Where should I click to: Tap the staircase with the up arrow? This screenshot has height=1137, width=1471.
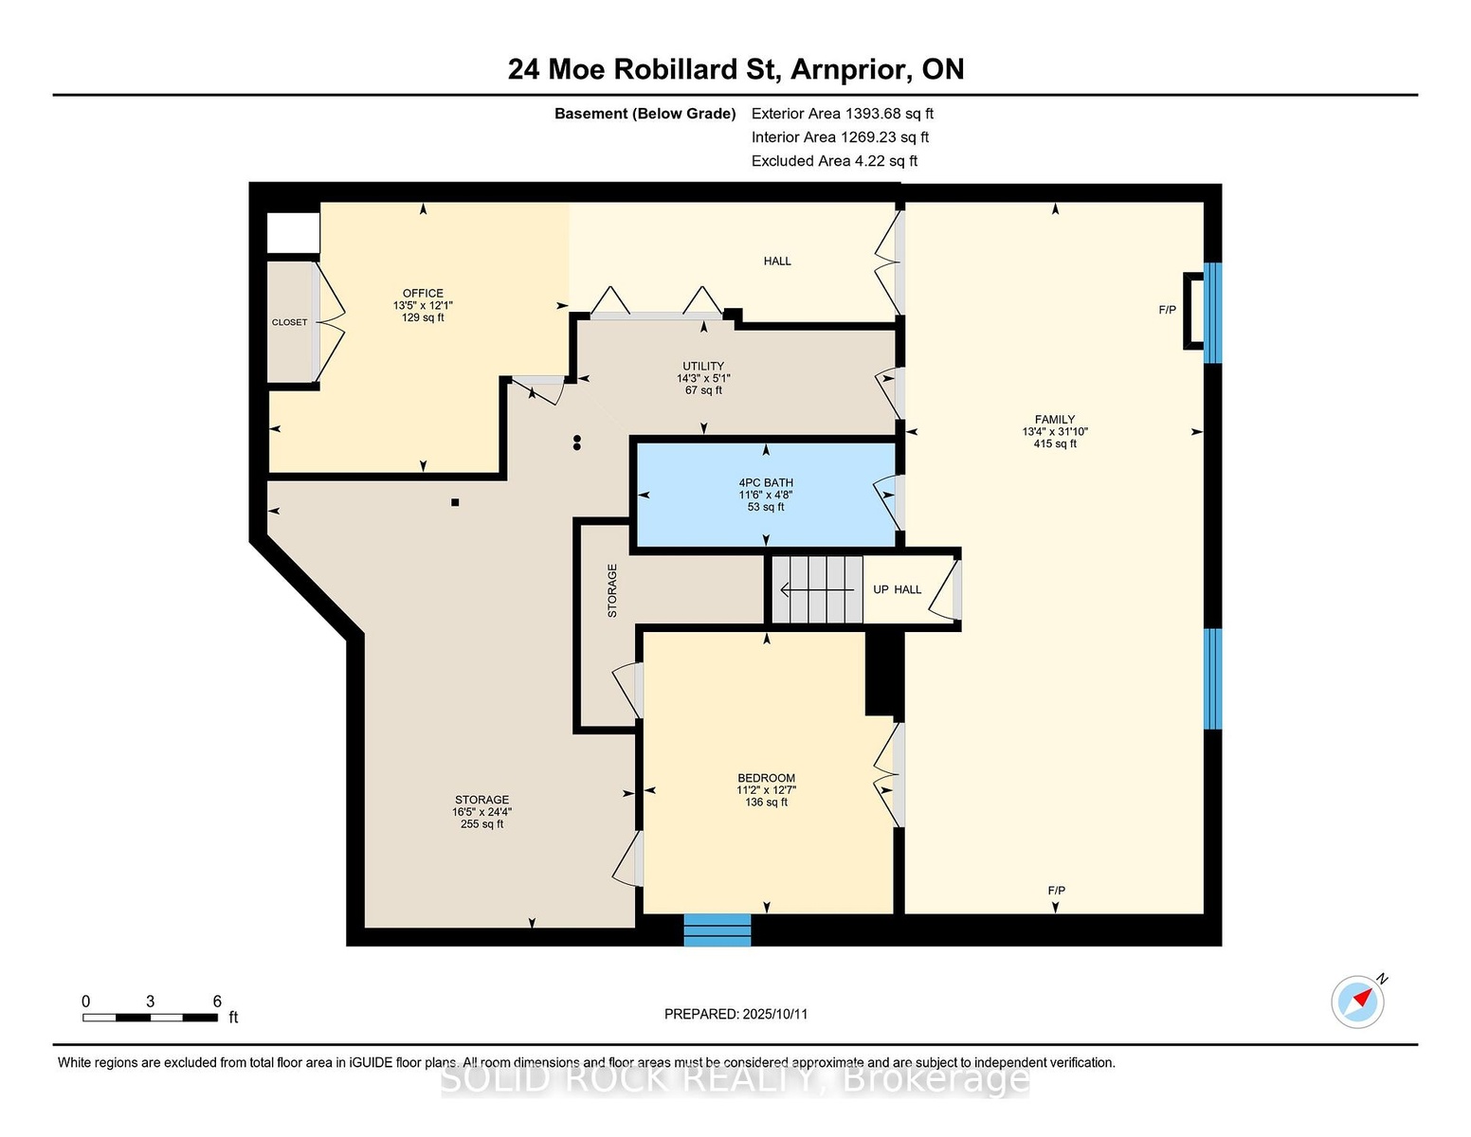click(817, 589)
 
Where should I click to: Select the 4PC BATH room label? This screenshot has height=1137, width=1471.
click(766, 483)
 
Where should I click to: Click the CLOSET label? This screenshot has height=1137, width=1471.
click(290, 322)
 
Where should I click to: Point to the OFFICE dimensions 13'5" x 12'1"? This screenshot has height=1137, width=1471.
click(423, 305)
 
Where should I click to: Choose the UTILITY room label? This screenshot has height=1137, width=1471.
click(703, 366)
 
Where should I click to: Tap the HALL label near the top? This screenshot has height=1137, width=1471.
click(777, 262)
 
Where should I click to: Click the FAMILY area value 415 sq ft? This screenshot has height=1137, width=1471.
click(1055, 443)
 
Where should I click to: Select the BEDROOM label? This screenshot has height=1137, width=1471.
click(766, 778)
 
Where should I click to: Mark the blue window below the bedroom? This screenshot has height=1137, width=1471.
click(717, 930)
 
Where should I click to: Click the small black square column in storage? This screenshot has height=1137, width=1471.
click(455, 502)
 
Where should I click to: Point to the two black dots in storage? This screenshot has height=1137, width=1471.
click(577, 442)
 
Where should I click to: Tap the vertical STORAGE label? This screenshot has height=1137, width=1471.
click(612, 590)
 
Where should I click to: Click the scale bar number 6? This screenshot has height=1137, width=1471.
click(217, 1002)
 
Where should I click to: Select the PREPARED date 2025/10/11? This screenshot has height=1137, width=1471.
click(775, 1014)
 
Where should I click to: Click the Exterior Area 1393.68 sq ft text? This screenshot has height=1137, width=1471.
click(842, 114)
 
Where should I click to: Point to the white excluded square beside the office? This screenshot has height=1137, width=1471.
click(293, 233)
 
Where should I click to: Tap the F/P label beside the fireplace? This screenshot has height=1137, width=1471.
click(1167, 310)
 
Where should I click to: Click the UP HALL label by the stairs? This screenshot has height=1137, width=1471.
click(897, 589)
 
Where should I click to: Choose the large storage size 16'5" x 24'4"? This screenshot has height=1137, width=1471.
click(482, 812)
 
